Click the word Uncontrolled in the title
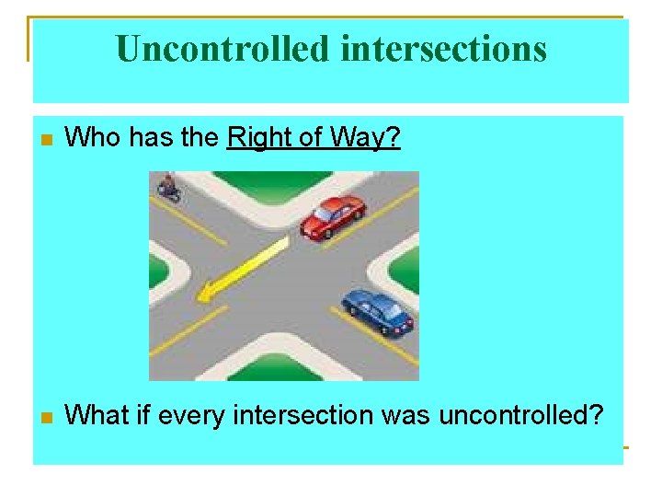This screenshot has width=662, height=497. click(x=223, y=49)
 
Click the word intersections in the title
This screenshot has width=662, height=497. click(x=443, y=49)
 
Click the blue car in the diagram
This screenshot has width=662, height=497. click(x=378, y=310)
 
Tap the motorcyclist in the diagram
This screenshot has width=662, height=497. click(x=168, y=187)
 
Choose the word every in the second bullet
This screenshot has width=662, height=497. click(x=189, y=415)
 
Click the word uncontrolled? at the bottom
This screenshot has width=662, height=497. click(x=520, y=415)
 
